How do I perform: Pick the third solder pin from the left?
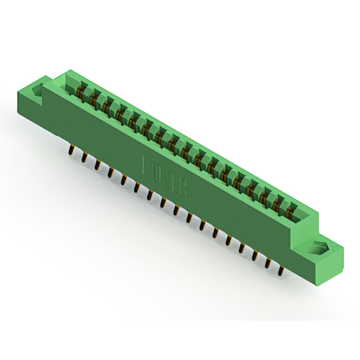click(98, 164)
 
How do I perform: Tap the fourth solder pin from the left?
click(111, 170)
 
